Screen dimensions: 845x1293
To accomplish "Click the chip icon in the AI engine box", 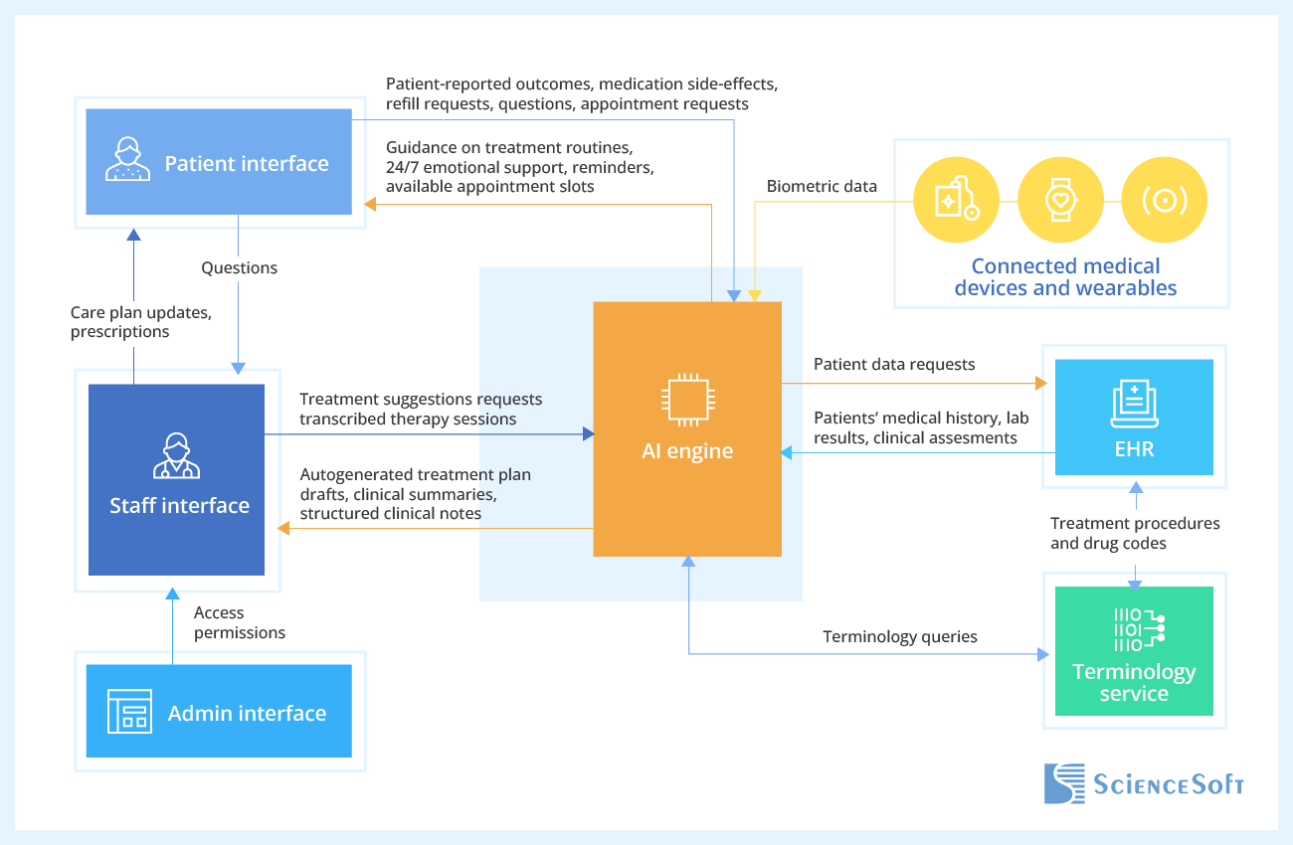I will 686,400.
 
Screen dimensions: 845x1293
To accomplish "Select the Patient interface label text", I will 247,163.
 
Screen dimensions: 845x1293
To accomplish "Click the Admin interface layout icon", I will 129,712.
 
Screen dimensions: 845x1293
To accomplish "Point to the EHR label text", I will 1134,448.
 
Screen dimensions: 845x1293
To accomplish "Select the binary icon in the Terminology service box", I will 1134,628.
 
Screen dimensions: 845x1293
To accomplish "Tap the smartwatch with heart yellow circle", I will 1060,201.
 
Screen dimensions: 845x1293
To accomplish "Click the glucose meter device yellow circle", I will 956,201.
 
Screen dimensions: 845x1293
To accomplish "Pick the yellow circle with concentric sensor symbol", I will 1164,201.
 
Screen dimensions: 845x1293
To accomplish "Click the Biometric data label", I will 822,186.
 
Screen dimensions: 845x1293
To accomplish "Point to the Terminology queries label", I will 899,636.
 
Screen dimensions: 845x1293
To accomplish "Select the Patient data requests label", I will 894,364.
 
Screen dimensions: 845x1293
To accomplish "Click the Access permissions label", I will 239,622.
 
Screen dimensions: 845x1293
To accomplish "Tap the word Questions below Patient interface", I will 239,267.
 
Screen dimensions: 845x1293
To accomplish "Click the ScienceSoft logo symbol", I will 1064,783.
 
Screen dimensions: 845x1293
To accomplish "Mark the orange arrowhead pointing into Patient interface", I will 370,204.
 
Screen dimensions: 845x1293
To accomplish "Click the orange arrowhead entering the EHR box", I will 1041,383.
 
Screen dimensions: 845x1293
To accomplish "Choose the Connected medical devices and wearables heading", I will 1065,277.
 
